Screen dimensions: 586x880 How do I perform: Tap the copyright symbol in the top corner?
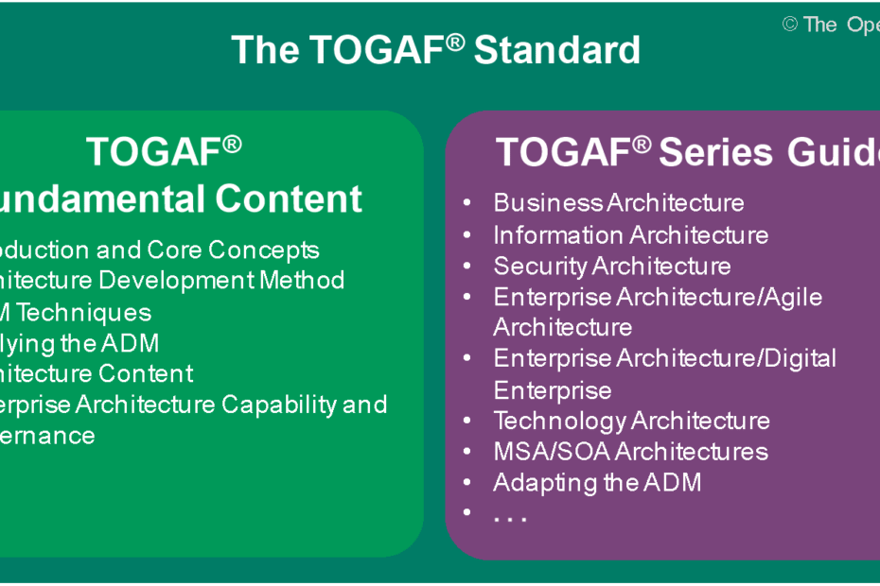click(x=790, y=25)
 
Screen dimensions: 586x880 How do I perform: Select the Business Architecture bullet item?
click(x=618, y=203)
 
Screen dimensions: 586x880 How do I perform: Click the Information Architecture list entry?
click(x=630, y=234)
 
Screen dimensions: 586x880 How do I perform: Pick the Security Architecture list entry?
click(x=611, y=266)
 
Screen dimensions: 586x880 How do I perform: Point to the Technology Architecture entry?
click(x=631, y=421)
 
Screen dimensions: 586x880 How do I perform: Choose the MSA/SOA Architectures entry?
click(x=630, y=451)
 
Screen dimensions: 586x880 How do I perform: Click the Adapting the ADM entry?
click(x=597, y=482)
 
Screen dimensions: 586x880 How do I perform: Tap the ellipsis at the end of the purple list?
click(x=509, y=517)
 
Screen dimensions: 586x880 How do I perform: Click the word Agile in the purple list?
click(x=790, y=297)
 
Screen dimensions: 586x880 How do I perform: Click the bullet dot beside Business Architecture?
click(x=467, y=203)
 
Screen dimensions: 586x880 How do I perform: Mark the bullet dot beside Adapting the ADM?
click(x=467, y=482)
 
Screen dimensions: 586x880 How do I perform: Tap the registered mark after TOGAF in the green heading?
click(x=232, y=144)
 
